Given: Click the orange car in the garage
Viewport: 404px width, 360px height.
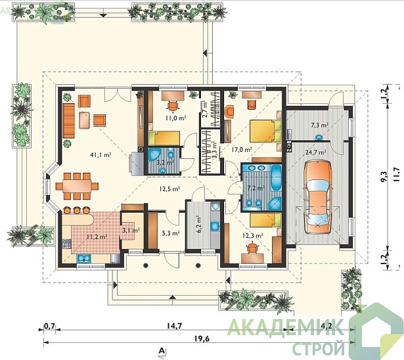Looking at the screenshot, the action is coord(317,197).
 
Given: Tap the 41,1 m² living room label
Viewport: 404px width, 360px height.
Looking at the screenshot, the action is coord(101,154).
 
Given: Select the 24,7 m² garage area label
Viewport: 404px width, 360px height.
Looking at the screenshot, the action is coord(315,152).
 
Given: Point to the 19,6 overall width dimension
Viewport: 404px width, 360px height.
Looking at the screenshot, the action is coord(202,338).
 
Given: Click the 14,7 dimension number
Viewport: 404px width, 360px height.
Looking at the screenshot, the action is coord(174,326).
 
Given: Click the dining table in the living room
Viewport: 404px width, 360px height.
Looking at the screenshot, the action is coord(77,186).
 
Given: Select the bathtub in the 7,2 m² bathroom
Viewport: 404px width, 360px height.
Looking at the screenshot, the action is coord(276,177).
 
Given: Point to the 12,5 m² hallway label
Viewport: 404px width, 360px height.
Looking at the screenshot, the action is coord(169,189).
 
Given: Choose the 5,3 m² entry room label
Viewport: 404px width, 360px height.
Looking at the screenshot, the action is coord(171,233).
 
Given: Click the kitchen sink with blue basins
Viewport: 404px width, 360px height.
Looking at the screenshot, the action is coord(83,258).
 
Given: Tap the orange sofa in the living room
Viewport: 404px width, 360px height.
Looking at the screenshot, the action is coord(69,121).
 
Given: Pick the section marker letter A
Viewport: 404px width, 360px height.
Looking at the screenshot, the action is coord(162,350).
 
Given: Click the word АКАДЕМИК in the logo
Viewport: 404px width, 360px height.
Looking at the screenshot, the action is coord(286,326).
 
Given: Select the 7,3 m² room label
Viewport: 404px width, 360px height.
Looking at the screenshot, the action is coord(319,125).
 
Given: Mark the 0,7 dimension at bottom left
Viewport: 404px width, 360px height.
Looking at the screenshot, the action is coord(49,326).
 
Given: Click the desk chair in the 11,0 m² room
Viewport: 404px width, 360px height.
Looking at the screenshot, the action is coord(173,105).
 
